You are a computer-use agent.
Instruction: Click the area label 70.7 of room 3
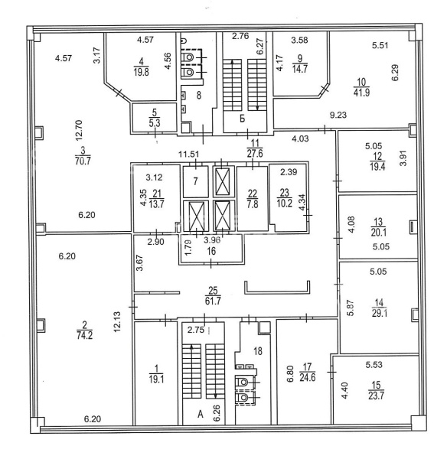83,161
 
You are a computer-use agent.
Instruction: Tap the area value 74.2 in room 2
85,335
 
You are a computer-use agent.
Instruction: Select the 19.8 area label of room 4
141,72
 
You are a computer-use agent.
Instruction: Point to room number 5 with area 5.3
155,112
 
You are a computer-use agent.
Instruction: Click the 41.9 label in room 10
361,93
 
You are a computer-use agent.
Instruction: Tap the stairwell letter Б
242,119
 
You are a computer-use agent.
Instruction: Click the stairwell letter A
201,415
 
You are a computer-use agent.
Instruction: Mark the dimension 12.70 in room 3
80,131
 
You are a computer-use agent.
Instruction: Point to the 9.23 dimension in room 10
338,115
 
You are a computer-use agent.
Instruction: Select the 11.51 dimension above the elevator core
189,154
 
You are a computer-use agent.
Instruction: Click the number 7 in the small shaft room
196,181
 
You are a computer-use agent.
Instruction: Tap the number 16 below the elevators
211,251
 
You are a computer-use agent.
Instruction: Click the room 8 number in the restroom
199,95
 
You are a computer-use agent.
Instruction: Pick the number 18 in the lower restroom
258,351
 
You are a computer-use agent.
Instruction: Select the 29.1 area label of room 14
380,314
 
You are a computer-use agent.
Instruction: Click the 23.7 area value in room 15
376,396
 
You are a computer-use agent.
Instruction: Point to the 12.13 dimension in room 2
117,321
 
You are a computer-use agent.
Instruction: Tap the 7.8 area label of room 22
253,204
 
